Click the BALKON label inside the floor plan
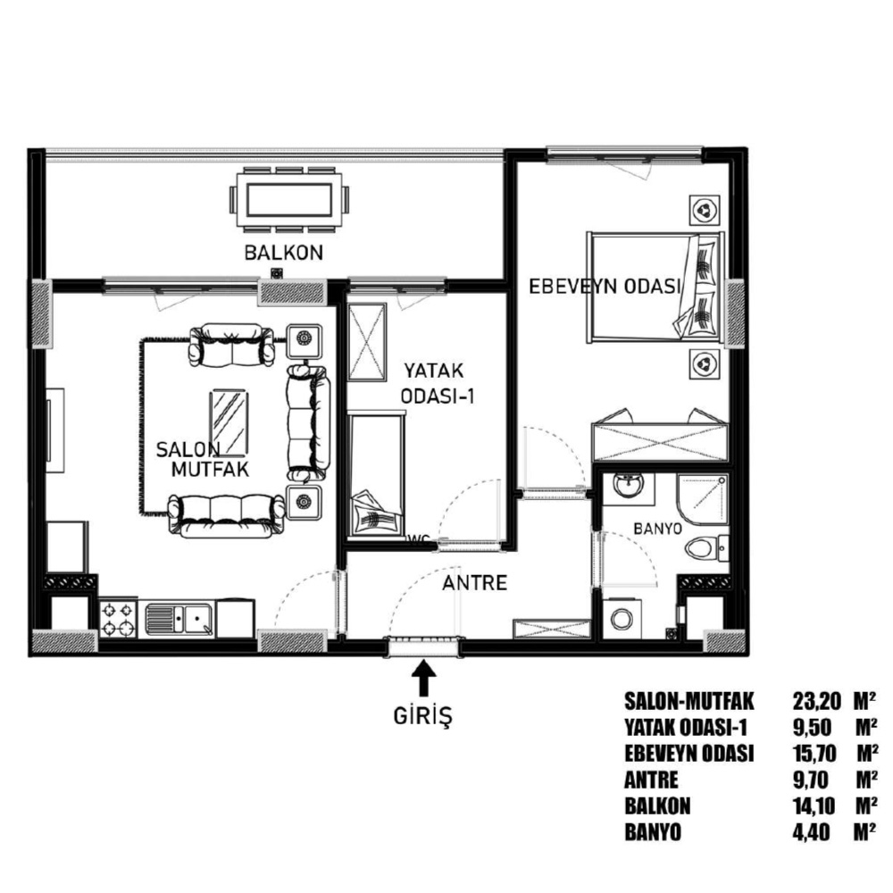point(284,253)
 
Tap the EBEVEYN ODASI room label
point(605,286)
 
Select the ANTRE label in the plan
point(474,582)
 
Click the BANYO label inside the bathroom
point(658,529)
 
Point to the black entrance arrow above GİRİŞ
point(423,677)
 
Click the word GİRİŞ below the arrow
point(422,716)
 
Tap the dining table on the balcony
point(289,199)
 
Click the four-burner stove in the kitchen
point(118,620)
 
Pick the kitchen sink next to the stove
point(179,620)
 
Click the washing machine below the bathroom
point(622,618)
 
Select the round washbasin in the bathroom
point(628,488)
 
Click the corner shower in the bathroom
point(703,499)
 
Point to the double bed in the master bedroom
point(655,287)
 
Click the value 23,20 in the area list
point(816,701)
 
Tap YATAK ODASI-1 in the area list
point(685,727)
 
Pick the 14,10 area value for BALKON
point(814,805)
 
